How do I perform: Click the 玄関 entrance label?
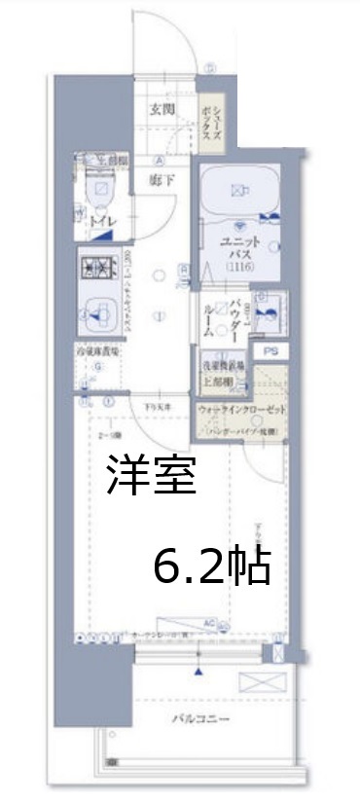click(162, 109)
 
